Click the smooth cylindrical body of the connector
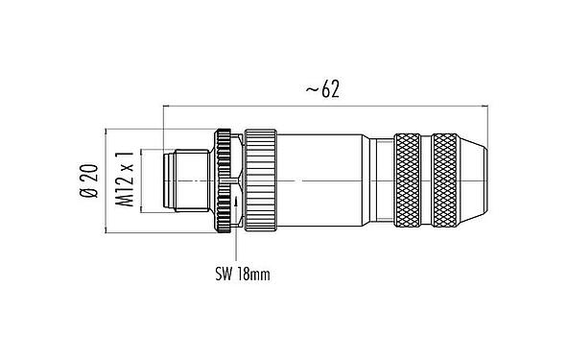[x=326, y=180]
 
